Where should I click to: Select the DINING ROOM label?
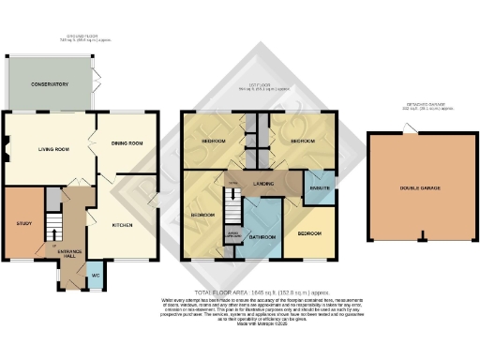tap(127, 143)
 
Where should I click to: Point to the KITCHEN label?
tap(123, 225)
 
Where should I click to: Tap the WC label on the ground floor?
tap(95, 275)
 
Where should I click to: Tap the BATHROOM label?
tap(262, 237)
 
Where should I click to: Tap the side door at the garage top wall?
tap(407, 130)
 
